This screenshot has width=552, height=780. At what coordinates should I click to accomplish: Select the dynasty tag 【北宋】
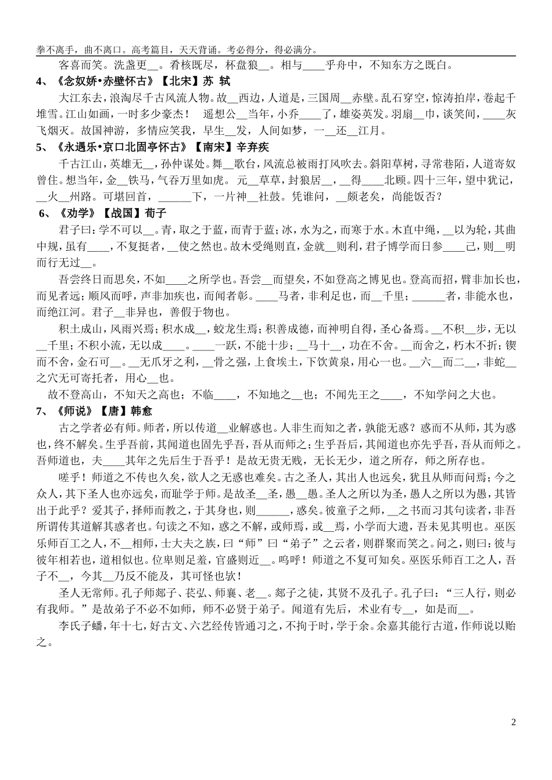click(178, 81)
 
